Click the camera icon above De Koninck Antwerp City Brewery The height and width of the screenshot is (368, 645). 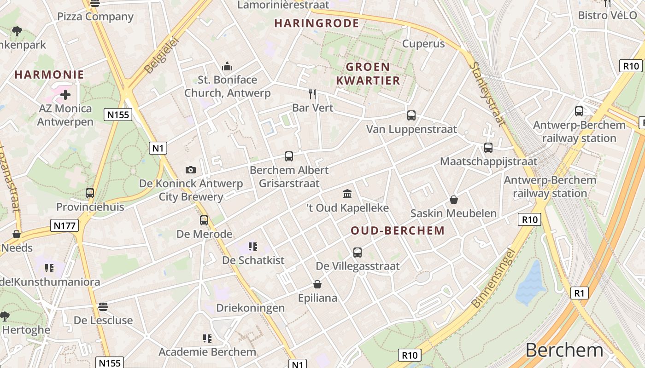tap(191, 170)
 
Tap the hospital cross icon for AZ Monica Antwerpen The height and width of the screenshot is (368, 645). tap(65, 95)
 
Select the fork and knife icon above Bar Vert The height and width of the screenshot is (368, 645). tap(313, 94)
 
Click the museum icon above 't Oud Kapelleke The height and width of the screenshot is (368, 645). tap(348, 194)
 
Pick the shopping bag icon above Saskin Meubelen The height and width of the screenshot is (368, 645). tap(454, 200)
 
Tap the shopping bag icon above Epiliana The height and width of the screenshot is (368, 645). tap(317, 284)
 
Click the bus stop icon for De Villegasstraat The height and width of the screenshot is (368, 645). tap(358, 252)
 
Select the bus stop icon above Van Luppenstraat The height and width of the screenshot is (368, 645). tap(411, 115)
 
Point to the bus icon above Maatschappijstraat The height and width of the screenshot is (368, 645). tap(488, 148)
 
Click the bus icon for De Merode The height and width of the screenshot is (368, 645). tap(204, 220)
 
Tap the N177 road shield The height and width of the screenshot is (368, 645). tap(64, 225)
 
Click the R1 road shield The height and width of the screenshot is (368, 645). tap(579, 293)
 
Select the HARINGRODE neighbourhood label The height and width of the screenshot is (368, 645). tap(317, 23)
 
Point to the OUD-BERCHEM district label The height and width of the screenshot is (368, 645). tap(398, 230)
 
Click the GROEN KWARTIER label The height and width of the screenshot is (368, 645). tap(368, 74)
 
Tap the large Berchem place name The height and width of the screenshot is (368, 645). tap(564, 350)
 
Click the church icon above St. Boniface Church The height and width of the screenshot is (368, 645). tap(227, 67)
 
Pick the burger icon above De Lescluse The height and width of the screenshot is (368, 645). tap(103, 306)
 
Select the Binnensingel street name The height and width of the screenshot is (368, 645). tap(493, 279)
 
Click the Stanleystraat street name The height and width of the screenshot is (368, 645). tap(487, 94)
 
